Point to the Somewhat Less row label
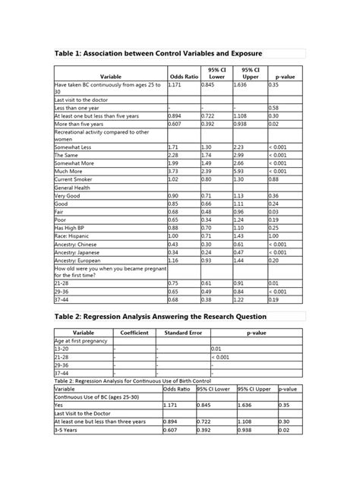(x=72, y=146)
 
